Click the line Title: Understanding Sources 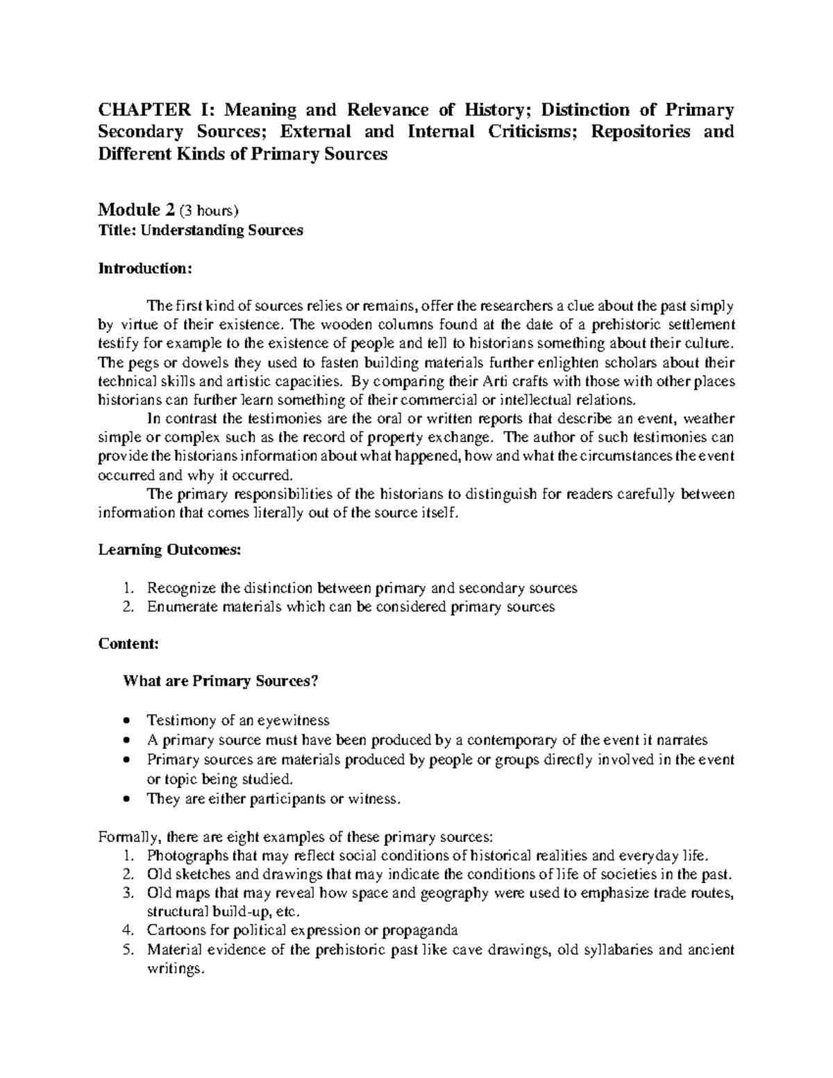pos(201,231)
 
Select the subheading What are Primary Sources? pos(220,681)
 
